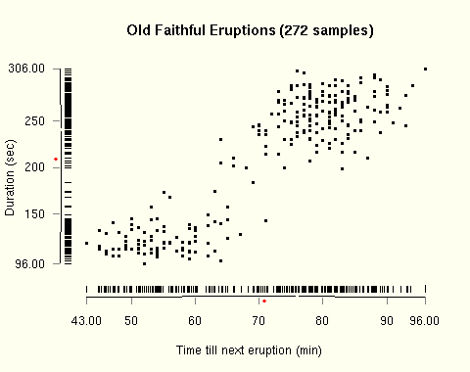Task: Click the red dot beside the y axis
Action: click(56, 159)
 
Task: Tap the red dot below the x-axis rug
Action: click(264, 302)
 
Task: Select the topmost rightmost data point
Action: click(425, 69)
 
